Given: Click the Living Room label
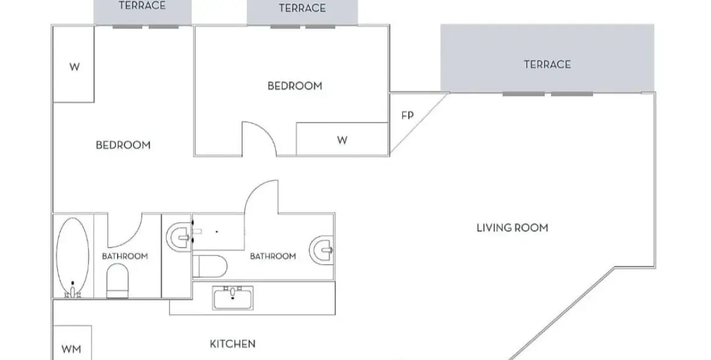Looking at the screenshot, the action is (x=513, y=228).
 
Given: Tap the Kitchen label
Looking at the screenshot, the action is (x=233, y=344).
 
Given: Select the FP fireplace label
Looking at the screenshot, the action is (x=408, y=115).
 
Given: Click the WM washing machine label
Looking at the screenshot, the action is (x=71, y=349).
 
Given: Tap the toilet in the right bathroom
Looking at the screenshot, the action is (x=209, y=266).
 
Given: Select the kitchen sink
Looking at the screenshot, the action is (x=233, y=298).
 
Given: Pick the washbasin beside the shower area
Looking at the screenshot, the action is (x=180, y=236).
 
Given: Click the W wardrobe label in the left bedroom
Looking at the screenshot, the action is (x=74, y=67).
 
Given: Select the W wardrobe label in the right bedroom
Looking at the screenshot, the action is (x=342, y=140).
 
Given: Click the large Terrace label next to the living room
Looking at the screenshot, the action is (x=547, y=65).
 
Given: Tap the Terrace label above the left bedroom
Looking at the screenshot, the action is (x=142, y=5).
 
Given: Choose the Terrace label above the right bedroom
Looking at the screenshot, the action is (x=303, y=8).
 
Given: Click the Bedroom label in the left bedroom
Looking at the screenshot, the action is (x=123, y=145).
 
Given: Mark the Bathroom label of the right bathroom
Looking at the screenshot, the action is (x=273, y=256).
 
